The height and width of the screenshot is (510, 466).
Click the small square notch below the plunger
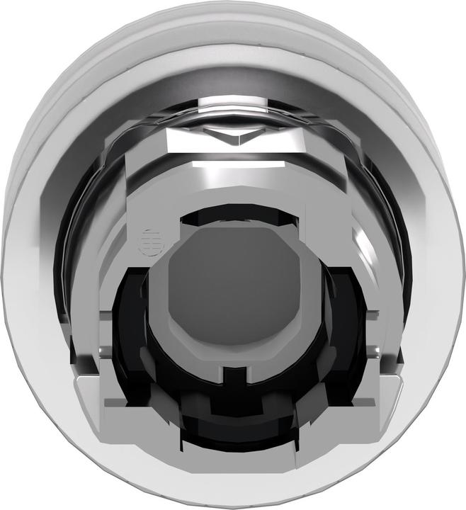point(232,373)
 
